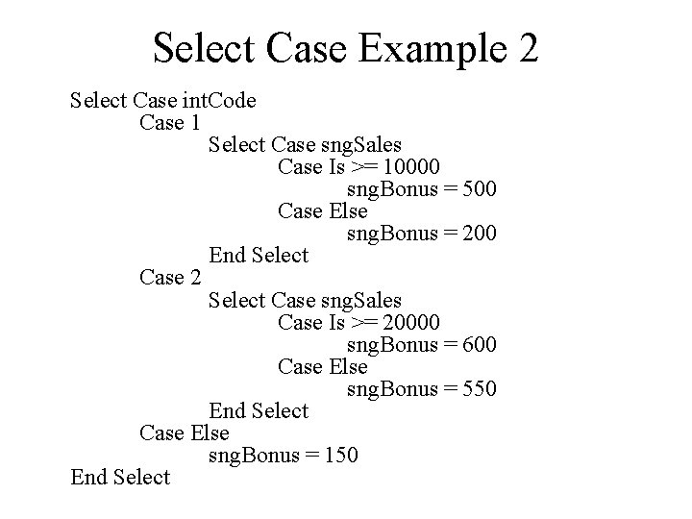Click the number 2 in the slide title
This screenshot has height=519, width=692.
(526, 47)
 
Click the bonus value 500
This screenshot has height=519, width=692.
(479, 188)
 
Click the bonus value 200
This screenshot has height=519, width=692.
(479, 233)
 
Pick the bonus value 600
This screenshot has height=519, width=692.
(479, 344)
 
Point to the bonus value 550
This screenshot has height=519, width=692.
(479, 388)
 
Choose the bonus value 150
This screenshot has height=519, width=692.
(340, 455)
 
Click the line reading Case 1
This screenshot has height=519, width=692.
(170, 122)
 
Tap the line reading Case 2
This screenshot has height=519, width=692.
(170, 278)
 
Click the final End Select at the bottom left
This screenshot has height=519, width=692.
(120, 477)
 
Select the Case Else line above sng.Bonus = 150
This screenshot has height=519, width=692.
(185, 432)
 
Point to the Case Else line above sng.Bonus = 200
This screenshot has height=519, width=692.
(322, 210)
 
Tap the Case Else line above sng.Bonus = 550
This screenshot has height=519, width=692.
(322, 366)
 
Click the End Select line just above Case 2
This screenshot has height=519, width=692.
(259, 255)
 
